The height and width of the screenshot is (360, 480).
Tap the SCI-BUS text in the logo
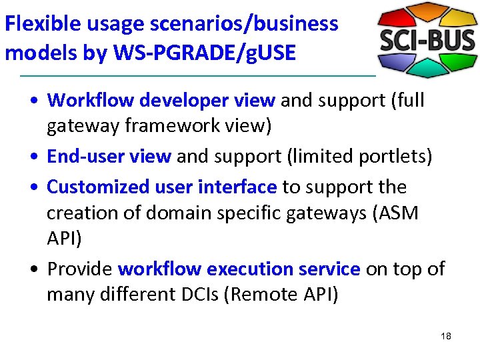[x=427, y=41]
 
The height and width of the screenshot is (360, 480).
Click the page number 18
[x=446, y=336]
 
